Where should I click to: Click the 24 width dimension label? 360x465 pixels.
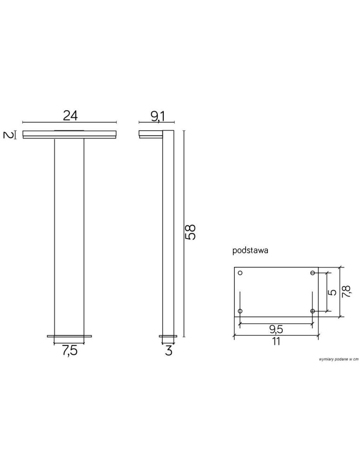70,115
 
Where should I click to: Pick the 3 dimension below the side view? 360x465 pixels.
168,351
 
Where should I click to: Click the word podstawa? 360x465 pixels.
250,250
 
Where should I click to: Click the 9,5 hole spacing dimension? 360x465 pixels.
276,329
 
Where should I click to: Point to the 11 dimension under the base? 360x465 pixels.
276,342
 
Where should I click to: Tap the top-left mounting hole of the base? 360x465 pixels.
240,272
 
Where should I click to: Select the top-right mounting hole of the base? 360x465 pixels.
313,272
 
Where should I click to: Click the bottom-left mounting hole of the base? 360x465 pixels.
240,311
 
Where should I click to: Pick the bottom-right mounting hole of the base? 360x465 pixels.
313,311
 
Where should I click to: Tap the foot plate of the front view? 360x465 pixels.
69,335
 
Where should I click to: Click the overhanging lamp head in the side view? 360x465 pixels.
150,134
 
